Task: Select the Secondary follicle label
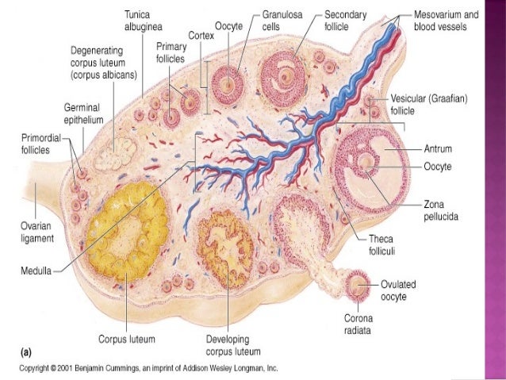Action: point(345,21)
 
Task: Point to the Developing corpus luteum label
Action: point(228,344)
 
